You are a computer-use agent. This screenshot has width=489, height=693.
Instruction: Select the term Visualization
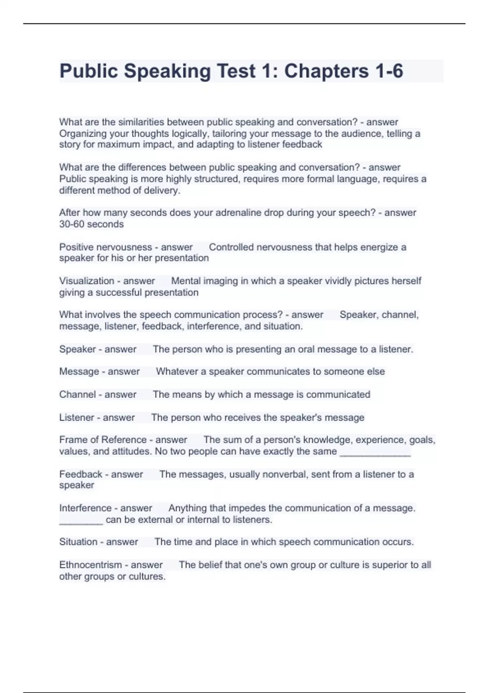87,281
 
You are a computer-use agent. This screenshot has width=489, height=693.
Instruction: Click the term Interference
84,508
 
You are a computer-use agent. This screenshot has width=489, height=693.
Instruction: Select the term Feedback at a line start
81,475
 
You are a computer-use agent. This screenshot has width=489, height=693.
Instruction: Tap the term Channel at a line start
77,395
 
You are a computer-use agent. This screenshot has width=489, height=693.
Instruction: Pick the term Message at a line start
79,372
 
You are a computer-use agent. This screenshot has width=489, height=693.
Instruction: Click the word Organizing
82,134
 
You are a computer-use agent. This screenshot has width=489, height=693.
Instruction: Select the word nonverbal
291,475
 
